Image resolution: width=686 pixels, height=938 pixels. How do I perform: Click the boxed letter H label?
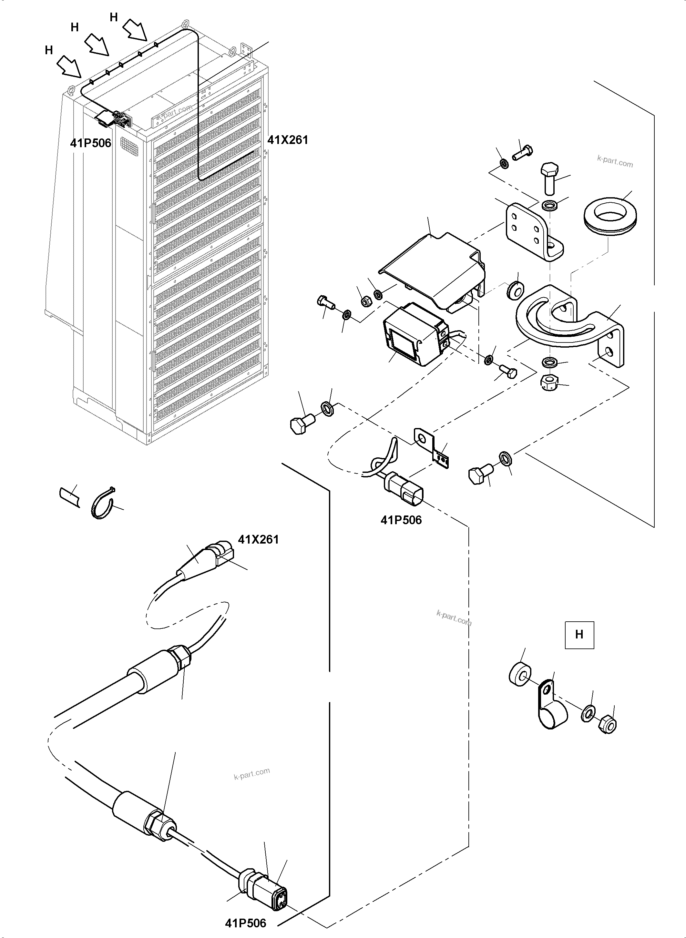coord(579,635)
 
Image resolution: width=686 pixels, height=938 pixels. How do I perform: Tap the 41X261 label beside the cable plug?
coord(258,539)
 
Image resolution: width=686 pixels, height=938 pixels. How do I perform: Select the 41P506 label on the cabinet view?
coord(90,143)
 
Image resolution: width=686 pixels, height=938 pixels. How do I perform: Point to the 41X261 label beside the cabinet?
coord(288,140)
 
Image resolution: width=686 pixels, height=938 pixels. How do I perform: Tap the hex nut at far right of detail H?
coord(608,725)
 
